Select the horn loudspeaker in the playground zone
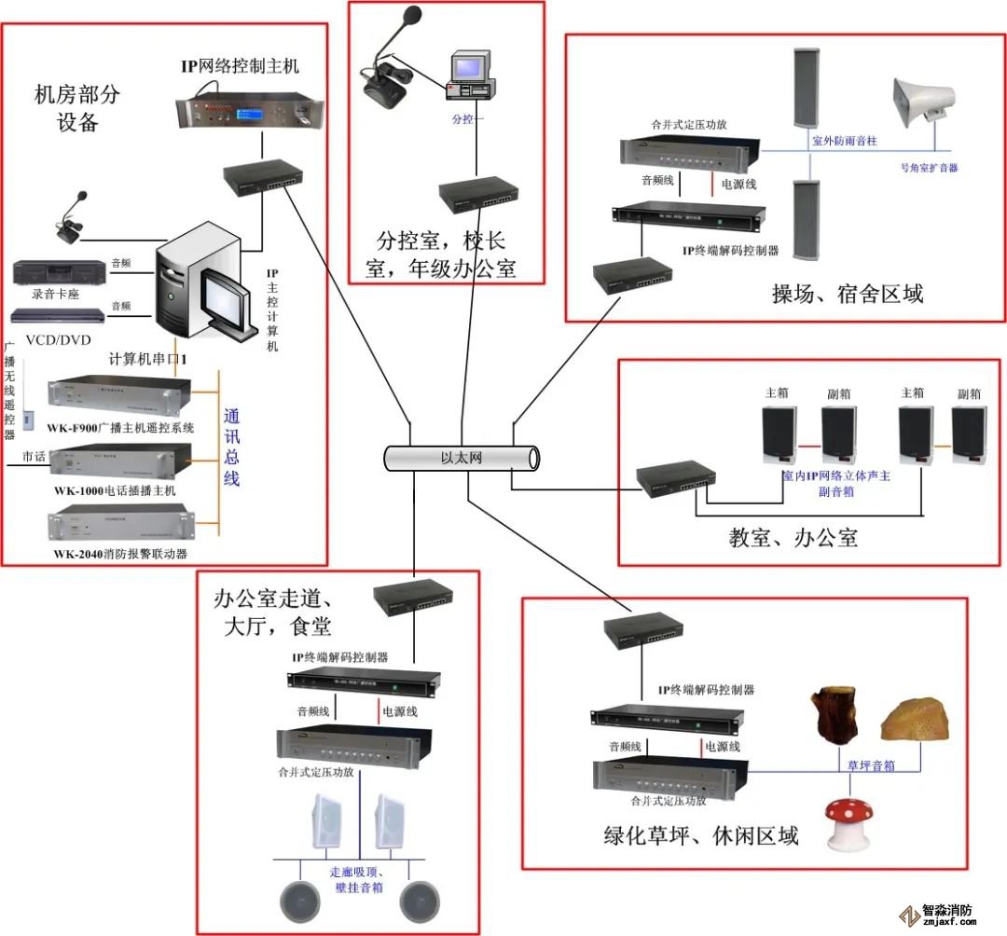923,102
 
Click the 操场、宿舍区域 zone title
847,294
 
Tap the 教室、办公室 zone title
793,537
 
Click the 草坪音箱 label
871,765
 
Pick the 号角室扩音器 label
929,168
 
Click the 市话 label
34,457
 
